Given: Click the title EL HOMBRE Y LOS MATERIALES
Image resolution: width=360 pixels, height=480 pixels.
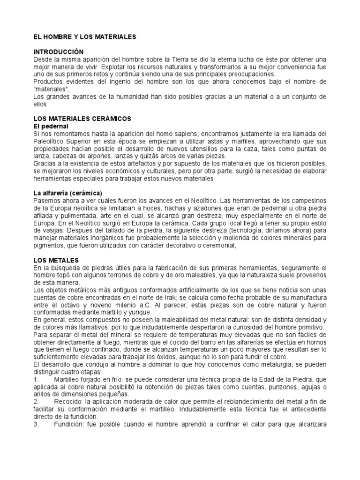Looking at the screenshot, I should [x=84, y=36].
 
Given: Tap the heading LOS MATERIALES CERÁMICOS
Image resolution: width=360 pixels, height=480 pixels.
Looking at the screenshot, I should [x=82, y=119].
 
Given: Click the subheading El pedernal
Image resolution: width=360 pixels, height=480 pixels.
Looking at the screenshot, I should [x=51, y=126].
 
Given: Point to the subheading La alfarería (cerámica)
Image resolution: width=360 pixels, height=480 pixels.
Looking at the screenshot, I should [x=67, y=193].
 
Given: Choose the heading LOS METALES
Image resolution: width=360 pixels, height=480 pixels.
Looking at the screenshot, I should [x=56, y=259].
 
